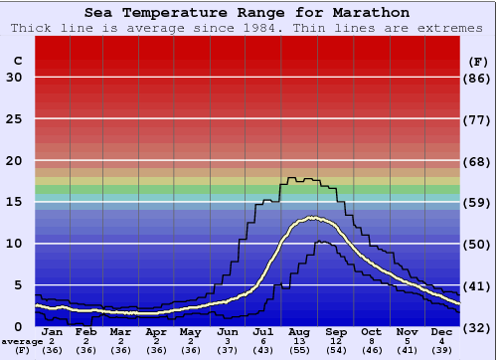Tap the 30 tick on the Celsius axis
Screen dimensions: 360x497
[14, 78]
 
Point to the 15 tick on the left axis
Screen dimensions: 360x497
[14, 202]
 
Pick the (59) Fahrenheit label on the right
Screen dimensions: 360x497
[478, 202]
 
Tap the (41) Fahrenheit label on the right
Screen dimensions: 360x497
[478, 285]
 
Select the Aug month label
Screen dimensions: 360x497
[298, 332]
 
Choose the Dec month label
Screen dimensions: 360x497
[441, 332]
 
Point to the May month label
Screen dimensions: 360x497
[191, 332]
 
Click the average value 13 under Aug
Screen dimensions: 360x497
[298, 341]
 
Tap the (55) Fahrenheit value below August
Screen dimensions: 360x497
[298, 350]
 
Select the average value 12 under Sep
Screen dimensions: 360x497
[335, 341]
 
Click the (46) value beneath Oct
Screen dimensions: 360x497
[371, 350]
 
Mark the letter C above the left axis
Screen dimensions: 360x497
[17, 61]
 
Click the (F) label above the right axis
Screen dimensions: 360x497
[478, 61]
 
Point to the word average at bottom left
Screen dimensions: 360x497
[22, 341]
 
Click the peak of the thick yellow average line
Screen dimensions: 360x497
[316, 218]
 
